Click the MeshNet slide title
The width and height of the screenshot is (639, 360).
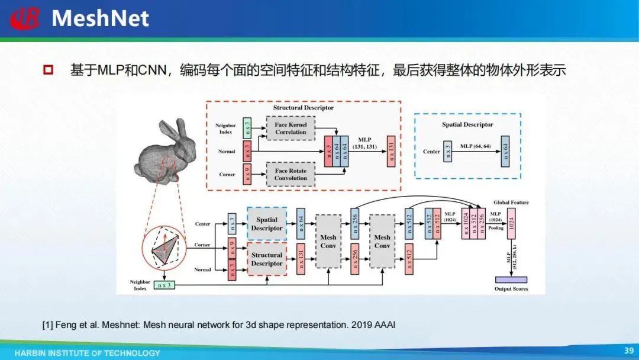[100, 19]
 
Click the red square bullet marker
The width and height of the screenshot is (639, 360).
[48, 70]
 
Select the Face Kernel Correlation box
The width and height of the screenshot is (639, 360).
[291, 128]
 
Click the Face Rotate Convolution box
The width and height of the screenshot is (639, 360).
[291, 174]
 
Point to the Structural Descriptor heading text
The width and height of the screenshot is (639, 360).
[303, 108]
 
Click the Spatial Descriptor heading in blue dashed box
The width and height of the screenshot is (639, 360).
[467, 124]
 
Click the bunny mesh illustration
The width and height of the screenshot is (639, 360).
[157, 152]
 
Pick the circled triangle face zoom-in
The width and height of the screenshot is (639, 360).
[164, 248]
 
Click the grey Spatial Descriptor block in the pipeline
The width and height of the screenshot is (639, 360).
[267, 224]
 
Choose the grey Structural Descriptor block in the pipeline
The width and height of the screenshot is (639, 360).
[267, 259]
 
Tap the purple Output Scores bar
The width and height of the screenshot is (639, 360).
[511, 279]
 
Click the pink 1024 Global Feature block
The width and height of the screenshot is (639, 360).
[511, 224]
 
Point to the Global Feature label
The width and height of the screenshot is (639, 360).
[511, 202]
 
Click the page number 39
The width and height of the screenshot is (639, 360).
[628, 351]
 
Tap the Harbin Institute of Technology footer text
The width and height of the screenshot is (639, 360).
[88, 353]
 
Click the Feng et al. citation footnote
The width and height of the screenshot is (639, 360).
[218, 324]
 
